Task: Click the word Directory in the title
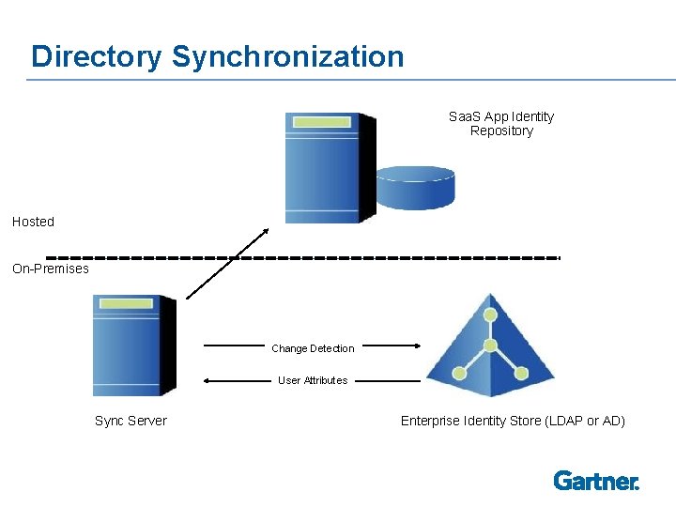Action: pos(97,56)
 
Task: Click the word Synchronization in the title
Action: pos(287,56)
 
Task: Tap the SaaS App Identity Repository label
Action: pos(501,124)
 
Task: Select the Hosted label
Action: pos(34,222)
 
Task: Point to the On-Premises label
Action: pos(51,269)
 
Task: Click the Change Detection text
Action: pos(313,348)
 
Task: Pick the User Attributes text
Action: pos(313,380)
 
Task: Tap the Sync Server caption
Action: pos(131,421)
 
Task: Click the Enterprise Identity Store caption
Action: pos(513,421)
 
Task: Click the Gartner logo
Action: pos(596,481)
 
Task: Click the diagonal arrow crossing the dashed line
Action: pos(227,263)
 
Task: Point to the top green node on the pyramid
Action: pos(488,315)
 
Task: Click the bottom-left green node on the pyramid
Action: pos(459,373)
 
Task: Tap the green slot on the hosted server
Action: pos(320,123)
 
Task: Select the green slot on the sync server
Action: pos(127,303)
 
